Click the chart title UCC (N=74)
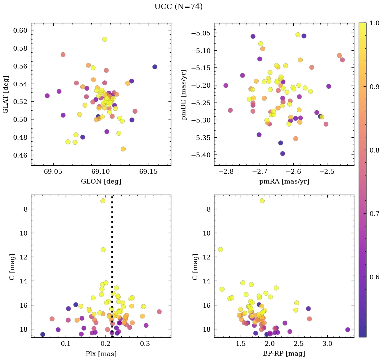click(x=178, y=7)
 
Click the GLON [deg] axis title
click(x=101, y=182)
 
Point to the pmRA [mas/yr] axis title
click(x=284, y=182)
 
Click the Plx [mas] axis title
click(x=101, y=354)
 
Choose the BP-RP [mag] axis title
click(x=284, y=354)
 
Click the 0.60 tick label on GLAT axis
click(x=20, y=30)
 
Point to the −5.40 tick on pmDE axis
click(x=201, y=155)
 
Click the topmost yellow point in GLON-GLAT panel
click(x=105, y=39)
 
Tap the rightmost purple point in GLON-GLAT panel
click(x=155, y=67)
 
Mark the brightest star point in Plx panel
click(x=103, y=201)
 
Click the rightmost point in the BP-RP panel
click(x=348, y=330)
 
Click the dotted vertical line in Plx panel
click(x=112, y=256)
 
